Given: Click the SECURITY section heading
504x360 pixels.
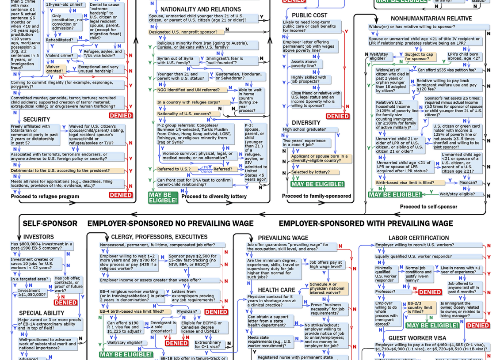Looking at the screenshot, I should point(36,119).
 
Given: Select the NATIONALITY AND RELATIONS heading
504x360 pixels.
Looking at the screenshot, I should point(200,9).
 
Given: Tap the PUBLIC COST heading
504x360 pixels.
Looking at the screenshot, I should point(309,15).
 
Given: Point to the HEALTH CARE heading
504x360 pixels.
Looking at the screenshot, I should point(276,290).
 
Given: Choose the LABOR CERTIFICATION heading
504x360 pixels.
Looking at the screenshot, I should point(418,238).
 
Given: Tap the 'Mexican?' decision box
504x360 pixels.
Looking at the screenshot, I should point(468,182).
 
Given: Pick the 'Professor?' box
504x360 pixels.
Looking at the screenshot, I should point(386,292).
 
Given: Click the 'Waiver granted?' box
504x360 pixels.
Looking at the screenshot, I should point(55,69).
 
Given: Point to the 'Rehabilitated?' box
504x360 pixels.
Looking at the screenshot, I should point(60,40).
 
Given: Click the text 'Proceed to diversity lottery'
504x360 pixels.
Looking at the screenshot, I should point(214,197).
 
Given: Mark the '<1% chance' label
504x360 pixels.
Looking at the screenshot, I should point(206,169).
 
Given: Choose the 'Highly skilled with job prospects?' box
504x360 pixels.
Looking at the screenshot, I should point(309,80).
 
